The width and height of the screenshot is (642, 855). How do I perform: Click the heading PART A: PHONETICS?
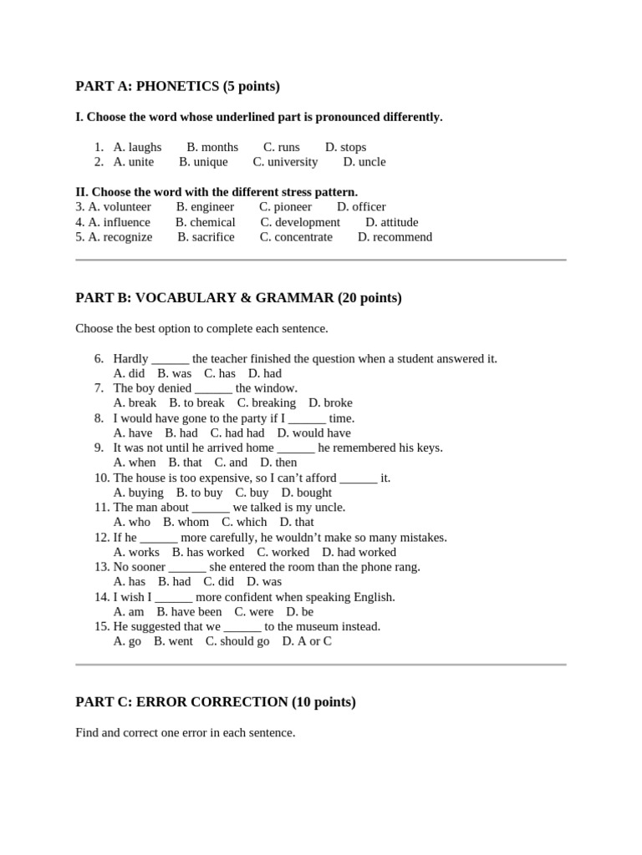pos(177,87)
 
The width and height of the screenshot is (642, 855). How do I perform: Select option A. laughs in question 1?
pos(137,148)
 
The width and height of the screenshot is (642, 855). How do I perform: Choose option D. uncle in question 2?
pos(364,162)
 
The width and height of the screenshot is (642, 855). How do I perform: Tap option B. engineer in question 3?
pos(205,207)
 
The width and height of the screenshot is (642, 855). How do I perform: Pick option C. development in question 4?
pos(300,222)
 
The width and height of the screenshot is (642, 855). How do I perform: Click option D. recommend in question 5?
pos(395,237)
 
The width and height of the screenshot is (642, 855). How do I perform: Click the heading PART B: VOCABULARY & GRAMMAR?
pos(238,298)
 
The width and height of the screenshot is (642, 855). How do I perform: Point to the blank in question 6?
pos(171,359)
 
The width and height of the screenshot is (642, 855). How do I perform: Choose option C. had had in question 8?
pos(237,433)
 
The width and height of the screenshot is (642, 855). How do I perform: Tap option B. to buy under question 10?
pos(199,493)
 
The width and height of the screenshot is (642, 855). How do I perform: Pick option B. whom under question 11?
pos(186,523)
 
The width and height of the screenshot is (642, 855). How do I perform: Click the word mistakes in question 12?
pos(423,538)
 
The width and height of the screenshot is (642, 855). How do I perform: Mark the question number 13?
pos(101,567)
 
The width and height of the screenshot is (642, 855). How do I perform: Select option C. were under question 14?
pos(253,612)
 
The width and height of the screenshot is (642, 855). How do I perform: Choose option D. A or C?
pos(306,642)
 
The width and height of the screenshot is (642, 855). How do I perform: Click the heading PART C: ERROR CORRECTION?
pos(215,702)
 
